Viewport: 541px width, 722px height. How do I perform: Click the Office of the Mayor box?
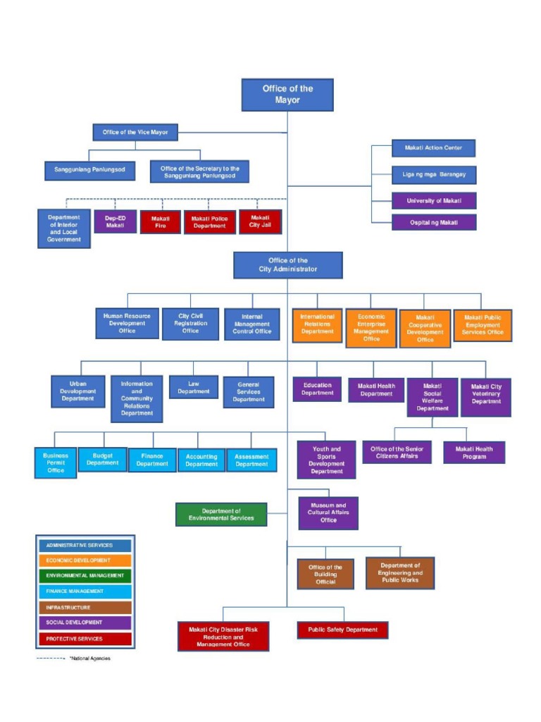(x=287, y=94)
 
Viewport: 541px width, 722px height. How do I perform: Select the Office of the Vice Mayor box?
(x=135, y=132)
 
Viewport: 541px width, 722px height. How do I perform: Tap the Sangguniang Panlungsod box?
(x=89, y=170)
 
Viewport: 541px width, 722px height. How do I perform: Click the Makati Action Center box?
(x=433, y=148)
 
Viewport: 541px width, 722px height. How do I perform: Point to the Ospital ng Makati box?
(x=433, y=222)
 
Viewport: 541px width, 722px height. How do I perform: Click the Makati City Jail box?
(x=260, y=222)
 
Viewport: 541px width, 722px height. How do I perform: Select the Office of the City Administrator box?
(x=287, y=265)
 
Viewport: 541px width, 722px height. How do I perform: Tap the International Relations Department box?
(x=317, y=324)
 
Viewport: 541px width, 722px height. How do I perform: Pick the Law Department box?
(x=193, y=387)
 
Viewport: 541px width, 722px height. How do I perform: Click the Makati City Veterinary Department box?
(x=486, y=397)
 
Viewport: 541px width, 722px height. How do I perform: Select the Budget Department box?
(x=102, y=460)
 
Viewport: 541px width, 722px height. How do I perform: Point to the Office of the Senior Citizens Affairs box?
(x=397, y=452)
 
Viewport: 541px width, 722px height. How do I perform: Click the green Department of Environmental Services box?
(x=221, y=515)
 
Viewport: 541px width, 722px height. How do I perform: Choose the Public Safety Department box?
(x=342, y=630)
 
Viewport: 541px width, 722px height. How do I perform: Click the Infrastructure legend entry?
(x=84, y=607)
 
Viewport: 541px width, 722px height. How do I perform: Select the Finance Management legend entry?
(x=84, y=592)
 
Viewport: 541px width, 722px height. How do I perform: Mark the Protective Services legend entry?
(x=84, y=639)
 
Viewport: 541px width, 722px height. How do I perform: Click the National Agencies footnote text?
(x=90, y=659)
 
